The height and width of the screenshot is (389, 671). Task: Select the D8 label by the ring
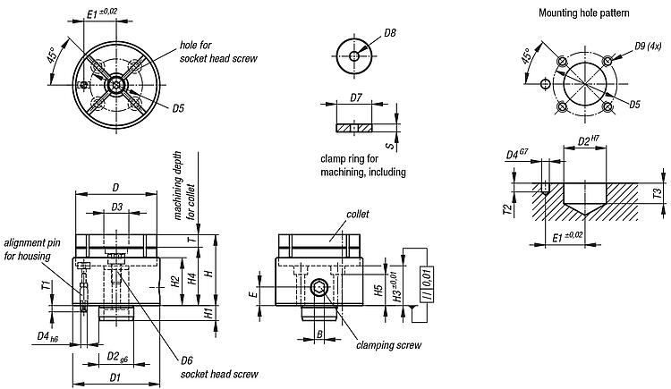(389, 34)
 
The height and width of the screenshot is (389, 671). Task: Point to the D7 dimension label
(355, 97)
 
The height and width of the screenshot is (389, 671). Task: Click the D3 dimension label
(116, 207)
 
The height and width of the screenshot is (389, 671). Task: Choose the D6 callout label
(186, 360)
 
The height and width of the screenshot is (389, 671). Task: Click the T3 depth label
(658, 193)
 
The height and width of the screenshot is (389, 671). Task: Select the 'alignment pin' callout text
(32, 242)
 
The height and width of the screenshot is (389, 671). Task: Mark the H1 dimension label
(208, 314)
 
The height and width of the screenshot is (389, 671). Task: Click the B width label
(319, 336)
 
